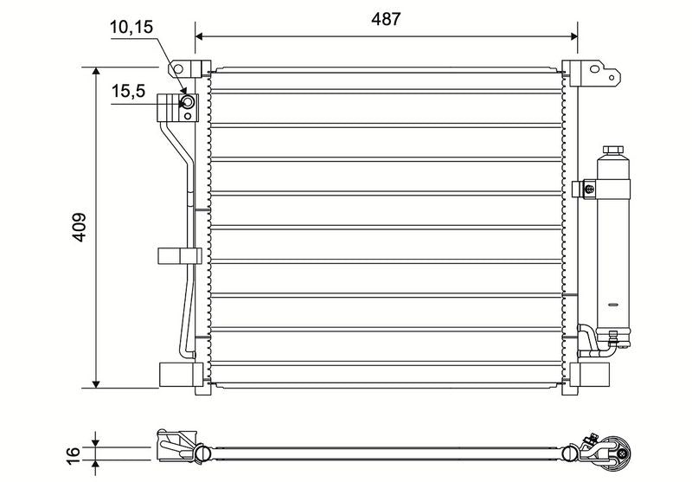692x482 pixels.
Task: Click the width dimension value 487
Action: coord(386,19)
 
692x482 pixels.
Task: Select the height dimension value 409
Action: coord(80,228)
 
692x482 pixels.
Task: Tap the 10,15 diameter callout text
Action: coord(131,28)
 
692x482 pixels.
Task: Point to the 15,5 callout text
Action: coord(128,92)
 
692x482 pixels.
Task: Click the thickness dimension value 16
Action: coord(74,453)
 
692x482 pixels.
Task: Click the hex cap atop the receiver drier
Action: coord(613,150)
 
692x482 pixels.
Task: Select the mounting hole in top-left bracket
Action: coord(178,69)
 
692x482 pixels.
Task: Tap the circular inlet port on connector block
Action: coord(188,102)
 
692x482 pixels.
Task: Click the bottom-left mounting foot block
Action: coord(176,375)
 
